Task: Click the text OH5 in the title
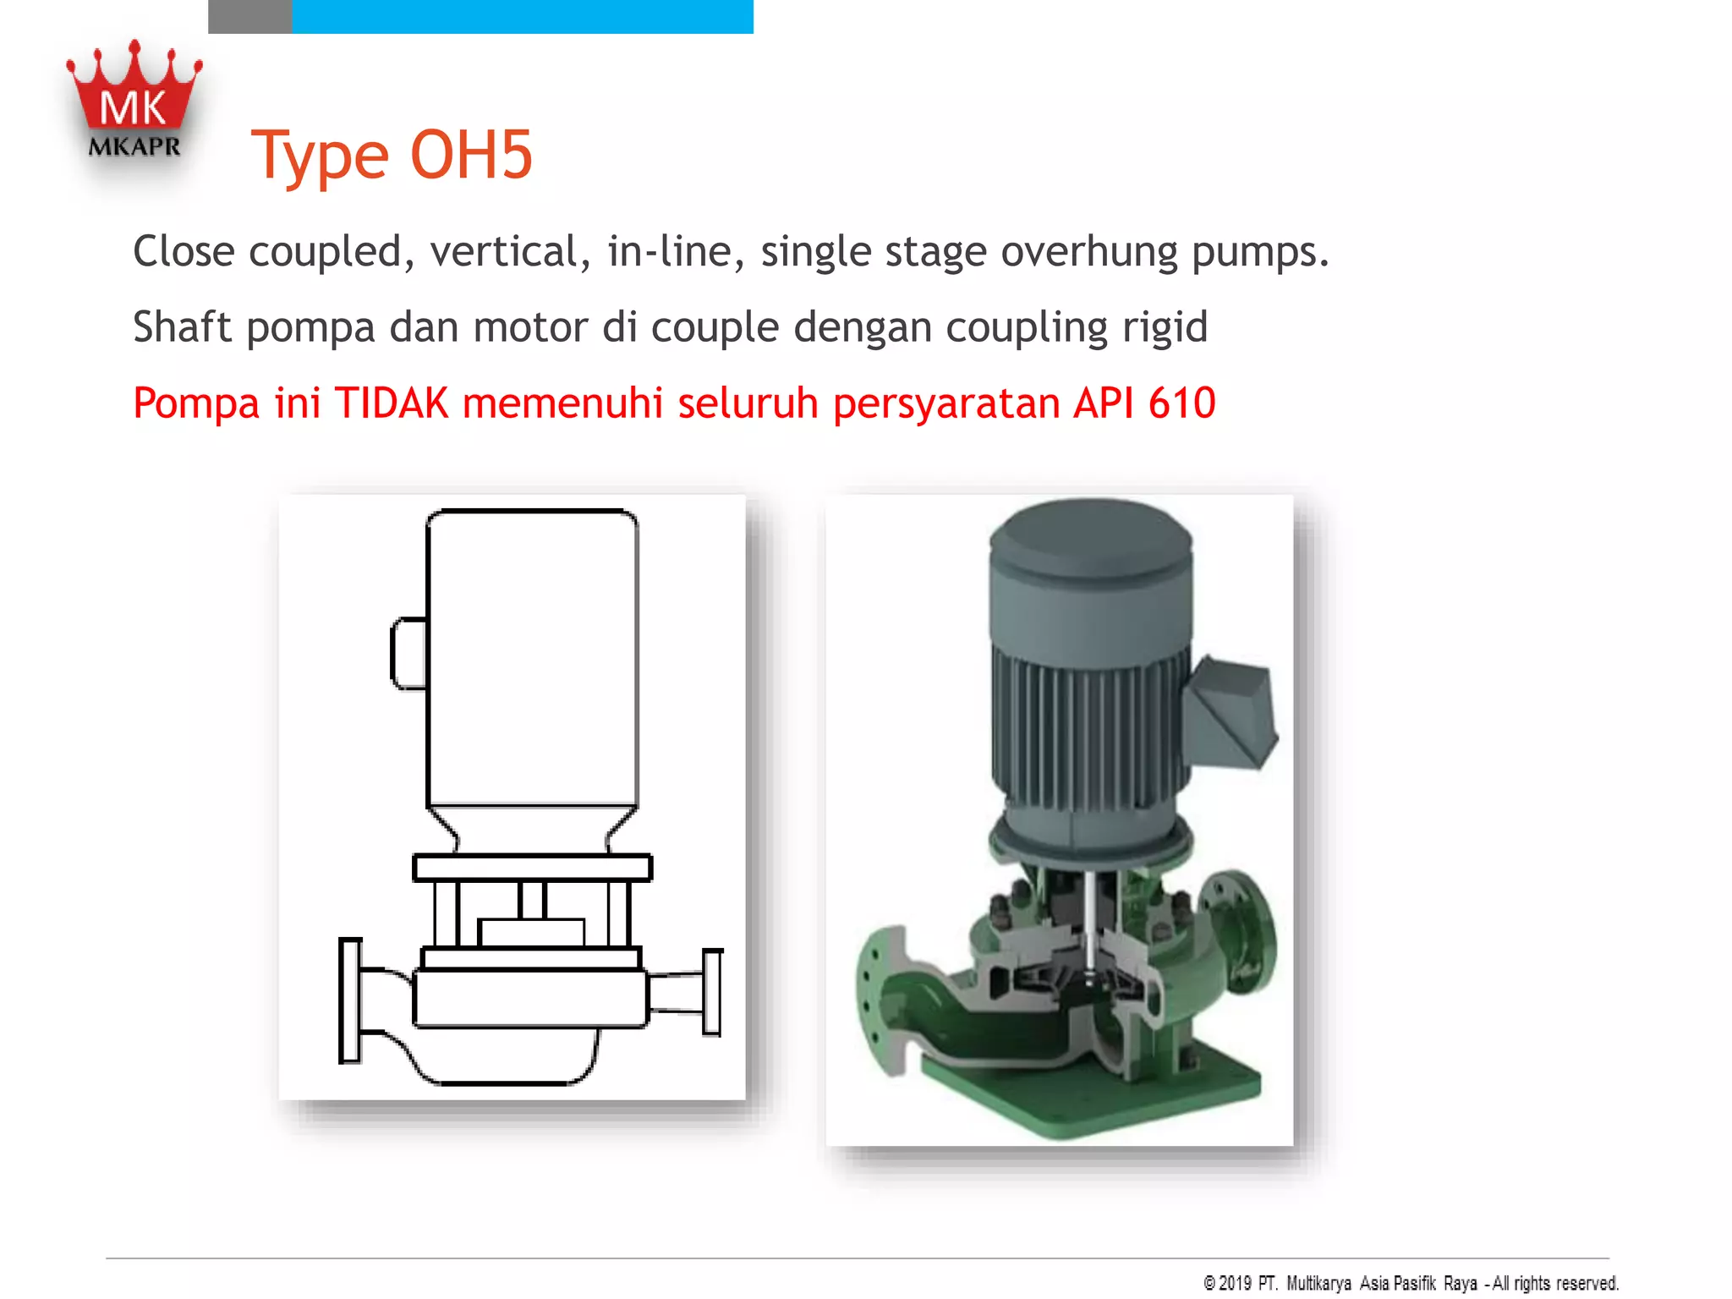[471, 156]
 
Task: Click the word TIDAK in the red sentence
[392, 403]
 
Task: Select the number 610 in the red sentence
[1181, 403]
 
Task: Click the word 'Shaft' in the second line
[182, 327]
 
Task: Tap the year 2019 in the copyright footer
[1235, 1283]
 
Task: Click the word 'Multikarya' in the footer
[1318, 1283]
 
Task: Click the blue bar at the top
[522, 16]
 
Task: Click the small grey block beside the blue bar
[249, 16]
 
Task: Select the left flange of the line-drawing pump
[350, 1000]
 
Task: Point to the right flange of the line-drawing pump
[713, 992]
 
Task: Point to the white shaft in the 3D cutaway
[1090, 922]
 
